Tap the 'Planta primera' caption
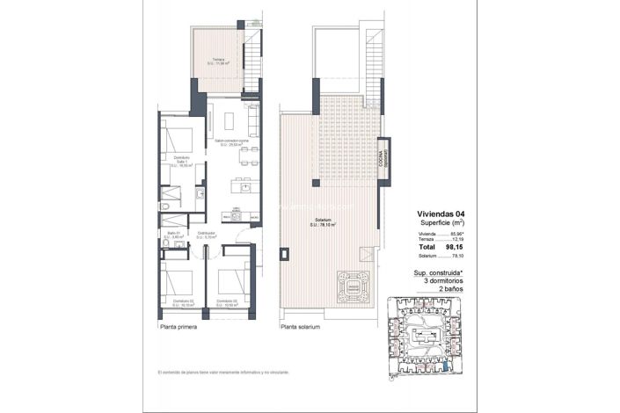pyautogui.click(x=179, y=326)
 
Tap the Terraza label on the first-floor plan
pyautogui.click(x=218, y=61)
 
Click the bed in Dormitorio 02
pyautogui.click(x=179, y=282)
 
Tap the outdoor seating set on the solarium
pyautogui.click(x=354, y=286)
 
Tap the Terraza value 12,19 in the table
pyautogui.click(x=457, y=240)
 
